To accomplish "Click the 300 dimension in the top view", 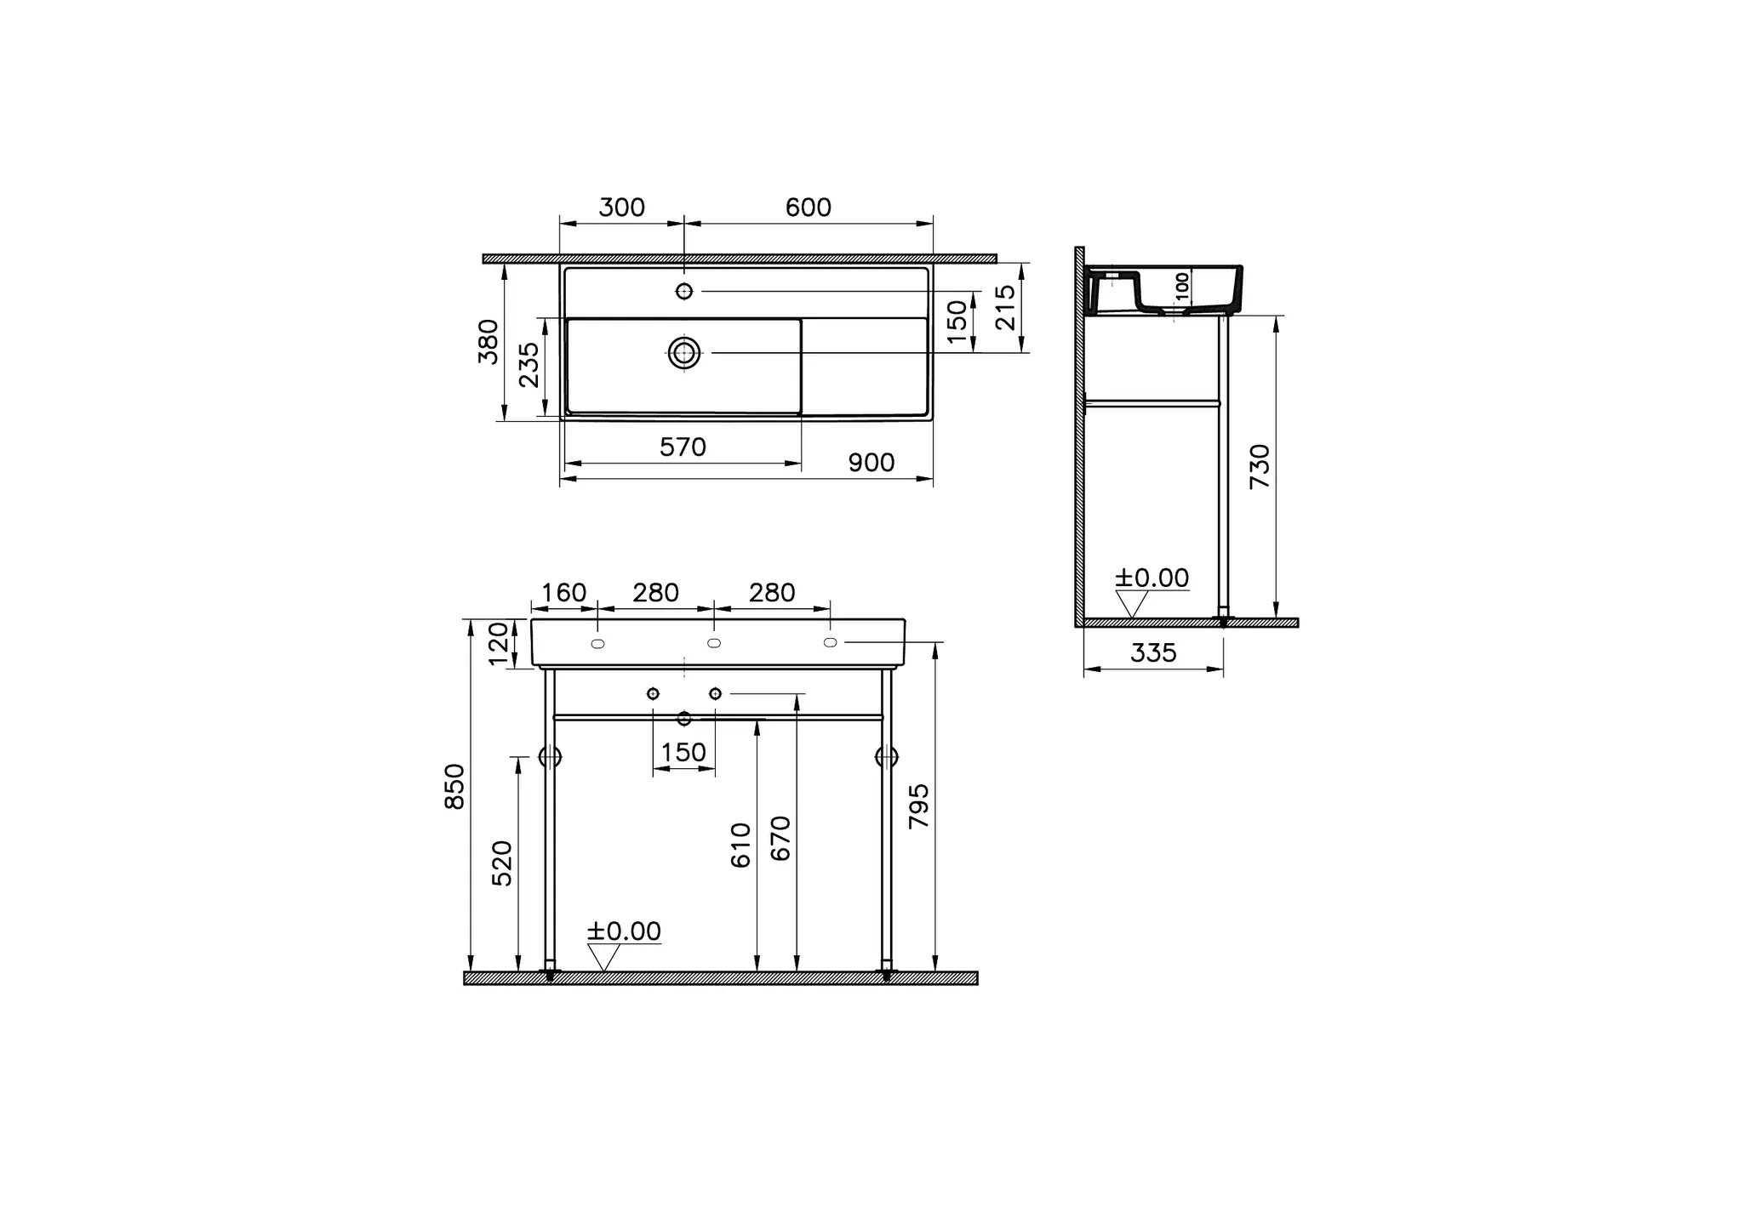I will coord(621,208).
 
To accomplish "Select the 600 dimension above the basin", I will coord(808,208).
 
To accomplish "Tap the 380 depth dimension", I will coord(489,341).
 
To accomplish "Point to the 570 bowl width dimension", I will coord(683,447).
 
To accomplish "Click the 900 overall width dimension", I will coord(871,463).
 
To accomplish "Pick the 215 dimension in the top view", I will coord(1005,307).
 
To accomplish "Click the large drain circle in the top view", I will coord(684,352).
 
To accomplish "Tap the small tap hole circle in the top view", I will coord(684,291).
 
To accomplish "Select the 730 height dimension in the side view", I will coord(1260,465).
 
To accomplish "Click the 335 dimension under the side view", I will coord(1153,653).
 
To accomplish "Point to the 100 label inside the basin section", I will coord(1181,284).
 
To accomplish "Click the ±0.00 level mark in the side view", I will coord(1151,578).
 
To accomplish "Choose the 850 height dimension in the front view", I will coord(455,786).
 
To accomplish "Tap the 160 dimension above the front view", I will coord(564,593).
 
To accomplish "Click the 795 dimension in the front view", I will coord(920,806).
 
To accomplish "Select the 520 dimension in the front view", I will coord(503,863).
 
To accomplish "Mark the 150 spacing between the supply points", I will coord(683,753).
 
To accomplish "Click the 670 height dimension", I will coord(780,838).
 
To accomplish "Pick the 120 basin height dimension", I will coord(499,643).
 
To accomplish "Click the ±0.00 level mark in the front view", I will coord(623,931).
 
